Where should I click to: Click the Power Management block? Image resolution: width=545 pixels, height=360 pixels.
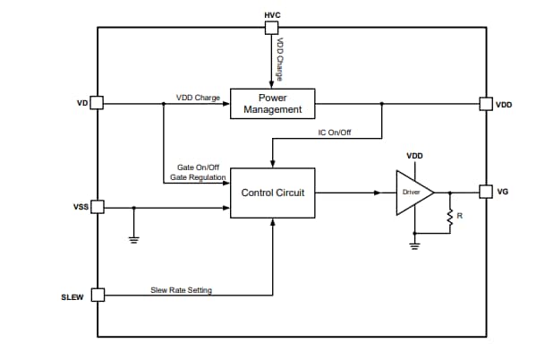(x=273, y=104)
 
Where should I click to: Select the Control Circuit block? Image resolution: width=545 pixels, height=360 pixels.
(x=273, y=193)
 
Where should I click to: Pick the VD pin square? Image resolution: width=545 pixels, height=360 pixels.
(x=97, y=104)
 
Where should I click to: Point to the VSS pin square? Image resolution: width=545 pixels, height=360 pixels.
(x=97, y=208)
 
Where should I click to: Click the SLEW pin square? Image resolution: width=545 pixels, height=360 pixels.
(x=97, y=295)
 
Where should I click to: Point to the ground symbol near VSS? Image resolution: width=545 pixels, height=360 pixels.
(x=134, y=238)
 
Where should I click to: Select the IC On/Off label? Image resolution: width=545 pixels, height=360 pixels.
(x=335, y=133)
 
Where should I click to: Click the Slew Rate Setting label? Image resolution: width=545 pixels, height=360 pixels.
(x=182, y=290)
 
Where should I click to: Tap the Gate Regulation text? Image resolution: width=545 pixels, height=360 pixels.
(x=198, y=177)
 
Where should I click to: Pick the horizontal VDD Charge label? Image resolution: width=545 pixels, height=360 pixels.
(x=198, y=98)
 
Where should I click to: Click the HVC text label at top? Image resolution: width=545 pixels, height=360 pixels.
(x=273, y=16)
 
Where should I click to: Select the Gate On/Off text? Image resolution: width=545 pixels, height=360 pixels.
(x=198, y=167)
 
